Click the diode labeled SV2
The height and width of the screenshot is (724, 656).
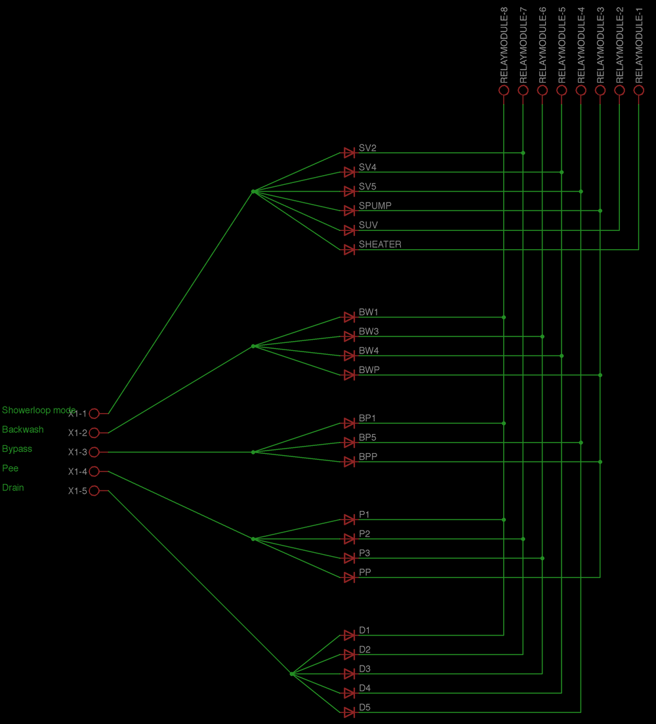point(350,153)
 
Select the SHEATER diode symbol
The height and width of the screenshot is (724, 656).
point(350,249)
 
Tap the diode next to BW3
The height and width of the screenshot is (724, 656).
point(350,336)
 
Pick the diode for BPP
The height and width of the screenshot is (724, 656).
point(350,462)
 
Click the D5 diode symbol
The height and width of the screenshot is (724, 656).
point(350,712)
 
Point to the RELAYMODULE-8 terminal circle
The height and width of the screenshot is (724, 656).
point(504,90)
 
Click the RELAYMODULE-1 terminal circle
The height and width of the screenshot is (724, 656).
point(639,90)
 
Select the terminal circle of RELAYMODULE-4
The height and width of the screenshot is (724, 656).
point(581,90)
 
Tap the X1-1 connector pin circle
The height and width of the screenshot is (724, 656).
point(94,414)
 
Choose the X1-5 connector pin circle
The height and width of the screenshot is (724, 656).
point(94,491)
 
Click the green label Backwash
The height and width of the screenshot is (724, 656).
point(23,430)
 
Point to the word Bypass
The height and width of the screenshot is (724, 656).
point(17,449)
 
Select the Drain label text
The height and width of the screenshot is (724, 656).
point(13,488)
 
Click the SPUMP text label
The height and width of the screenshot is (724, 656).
point(375,206)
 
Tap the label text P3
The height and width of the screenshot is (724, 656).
point(365,553)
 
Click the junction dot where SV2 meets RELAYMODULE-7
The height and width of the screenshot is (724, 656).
point(523,153)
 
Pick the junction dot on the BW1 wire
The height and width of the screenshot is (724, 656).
point(504,317)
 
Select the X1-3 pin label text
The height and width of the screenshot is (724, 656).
point(77,452)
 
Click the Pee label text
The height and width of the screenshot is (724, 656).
point(10,468)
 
